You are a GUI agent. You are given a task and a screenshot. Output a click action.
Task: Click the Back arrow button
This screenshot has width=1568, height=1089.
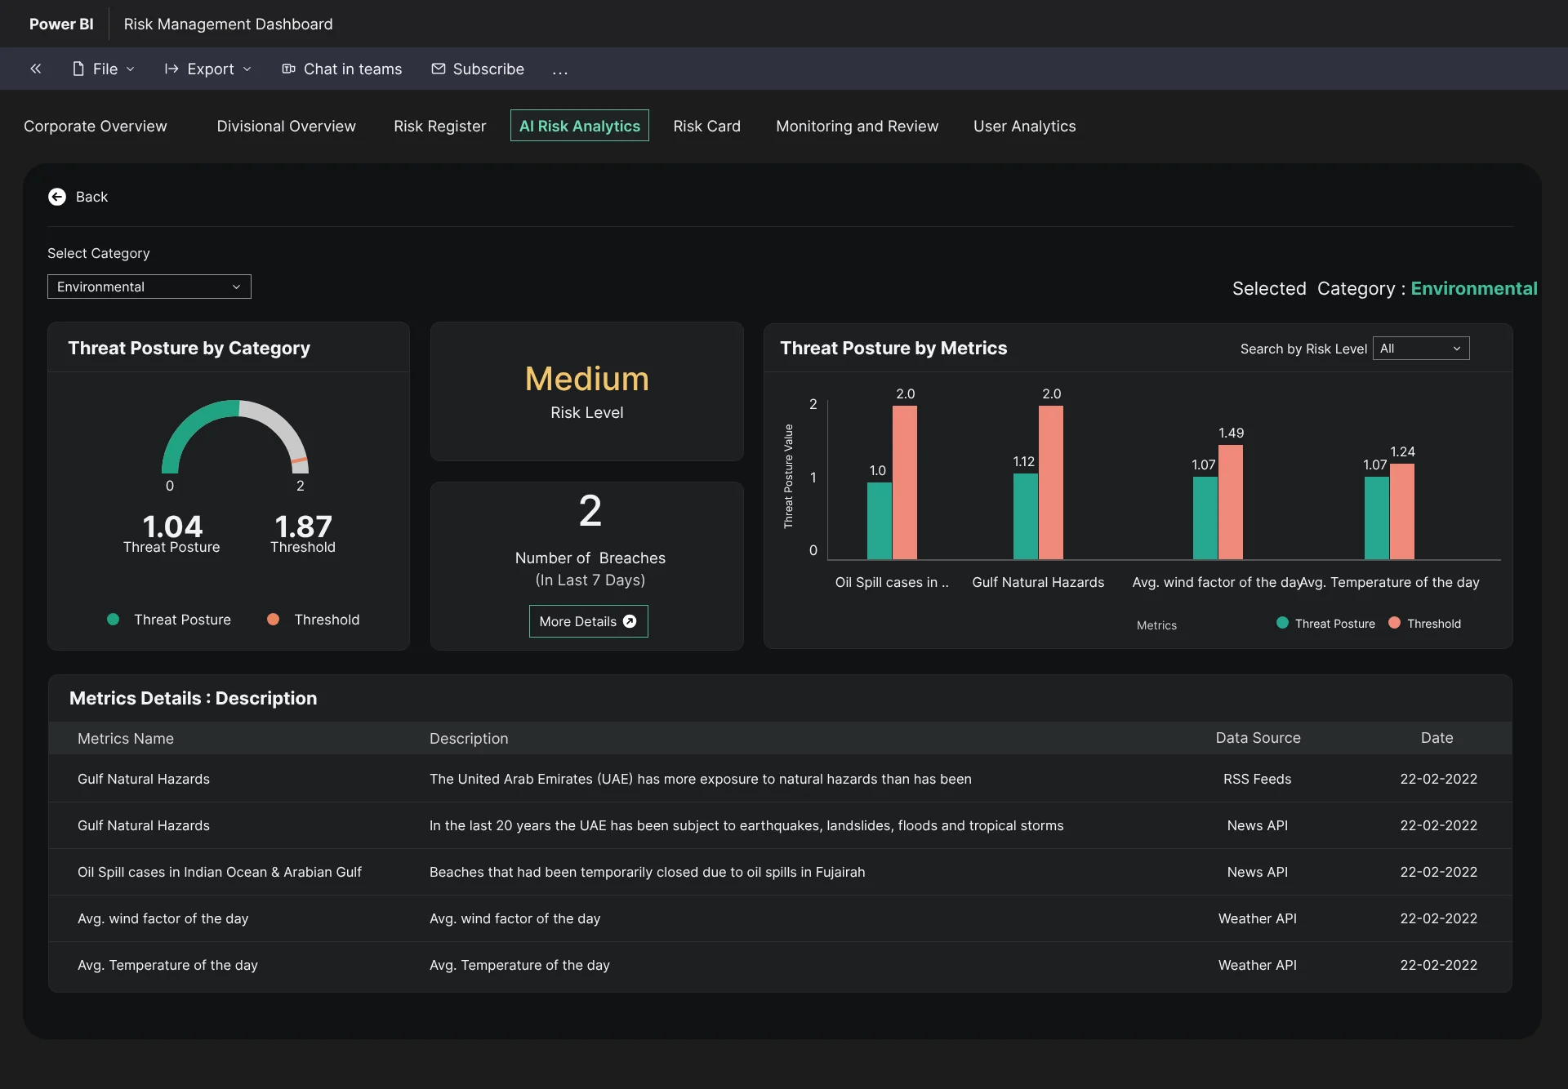[x=57, y=197]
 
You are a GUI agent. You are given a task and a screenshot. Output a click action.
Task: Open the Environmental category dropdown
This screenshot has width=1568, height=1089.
[x=149, y=287]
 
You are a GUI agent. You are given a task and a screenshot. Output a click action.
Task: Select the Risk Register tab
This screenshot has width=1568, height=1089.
[x=439, y=127]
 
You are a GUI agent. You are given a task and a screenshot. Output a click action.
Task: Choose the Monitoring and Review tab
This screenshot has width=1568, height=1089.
[x=857, y=127]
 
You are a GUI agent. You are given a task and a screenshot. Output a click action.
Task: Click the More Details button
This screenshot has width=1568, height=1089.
[x=588, y=621]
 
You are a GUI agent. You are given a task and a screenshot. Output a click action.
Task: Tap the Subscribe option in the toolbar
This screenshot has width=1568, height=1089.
[x=478, y=69]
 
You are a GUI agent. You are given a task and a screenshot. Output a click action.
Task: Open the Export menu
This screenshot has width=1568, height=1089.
[x=207, y=69]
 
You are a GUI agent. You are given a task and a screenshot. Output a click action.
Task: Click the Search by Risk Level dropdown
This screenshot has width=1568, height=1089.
[x=1421, y=349]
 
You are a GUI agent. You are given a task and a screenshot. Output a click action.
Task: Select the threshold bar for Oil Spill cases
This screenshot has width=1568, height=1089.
[x=905, y=482]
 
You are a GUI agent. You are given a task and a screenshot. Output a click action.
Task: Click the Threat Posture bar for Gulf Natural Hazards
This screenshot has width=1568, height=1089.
[x=1026, y=517]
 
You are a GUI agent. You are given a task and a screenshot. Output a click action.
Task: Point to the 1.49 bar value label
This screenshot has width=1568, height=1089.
[x=1231, y=433]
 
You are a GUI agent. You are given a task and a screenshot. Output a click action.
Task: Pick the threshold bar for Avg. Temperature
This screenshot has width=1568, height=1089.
[x=1402, y=512]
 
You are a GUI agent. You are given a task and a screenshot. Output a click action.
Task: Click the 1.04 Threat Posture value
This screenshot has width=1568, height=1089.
[x=172, y=527]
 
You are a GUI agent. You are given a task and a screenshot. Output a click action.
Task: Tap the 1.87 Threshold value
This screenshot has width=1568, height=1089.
[x=303, y=527]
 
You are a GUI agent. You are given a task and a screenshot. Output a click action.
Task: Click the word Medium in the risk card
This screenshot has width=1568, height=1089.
[x=587, y=379]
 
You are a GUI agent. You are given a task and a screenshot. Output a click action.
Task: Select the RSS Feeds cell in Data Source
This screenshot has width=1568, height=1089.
[x=1258, y=780]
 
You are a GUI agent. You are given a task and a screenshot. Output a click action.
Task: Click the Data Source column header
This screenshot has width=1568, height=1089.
[x=1258, y=738]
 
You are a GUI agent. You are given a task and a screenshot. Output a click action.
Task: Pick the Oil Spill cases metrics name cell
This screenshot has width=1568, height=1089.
[x=220, y=873]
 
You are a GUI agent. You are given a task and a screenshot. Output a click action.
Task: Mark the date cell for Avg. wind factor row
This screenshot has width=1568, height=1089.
[x=1438, y=919]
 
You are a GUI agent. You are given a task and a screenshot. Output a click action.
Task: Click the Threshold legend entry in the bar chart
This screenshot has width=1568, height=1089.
[x=1425, y=624]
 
